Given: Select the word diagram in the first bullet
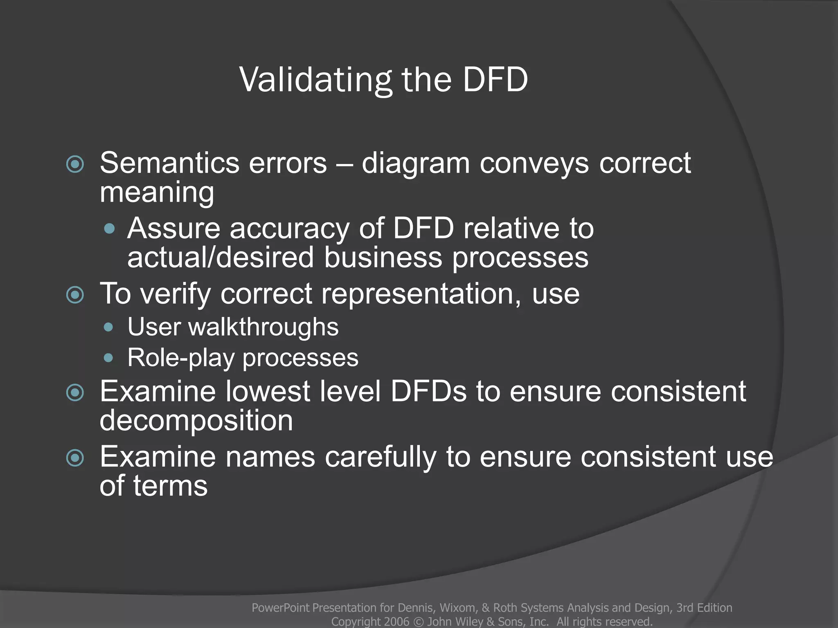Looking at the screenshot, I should click(415, 164).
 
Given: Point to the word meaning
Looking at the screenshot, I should click(157, 192).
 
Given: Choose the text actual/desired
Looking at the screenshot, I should click(220, 258).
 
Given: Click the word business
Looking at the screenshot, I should click(383, 258).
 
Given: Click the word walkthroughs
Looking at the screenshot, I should click(263, 327).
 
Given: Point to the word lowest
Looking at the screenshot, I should click(268, 391).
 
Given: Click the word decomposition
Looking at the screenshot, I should click(196, 420).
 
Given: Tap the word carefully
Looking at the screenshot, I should click(380, 457).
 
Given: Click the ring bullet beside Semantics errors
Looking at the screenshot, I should click(75, 164).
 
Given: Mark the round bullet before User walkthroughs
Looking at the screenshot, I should click(108, 327).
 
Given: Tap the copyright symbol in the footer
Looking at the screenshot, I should click(418, 621).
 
